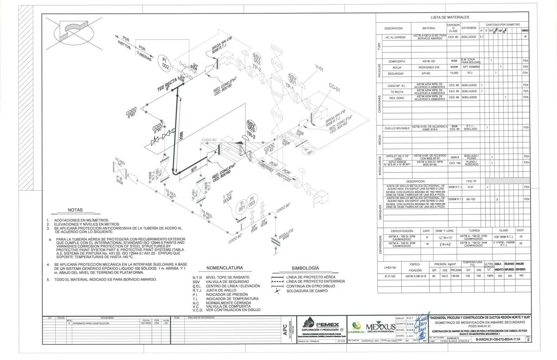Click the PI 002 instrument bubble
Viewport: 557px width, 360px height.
(x=165, y=63)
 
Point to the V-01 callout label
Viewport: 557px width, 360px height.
(x=320, y=69)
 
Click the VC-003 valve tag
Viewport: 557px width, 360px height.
(x=121, y=164)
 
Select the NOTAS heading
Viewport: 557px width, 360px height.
(x=75, y=210)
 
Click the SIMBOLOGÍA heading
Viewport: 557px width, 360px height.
(x=305, y=268)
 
